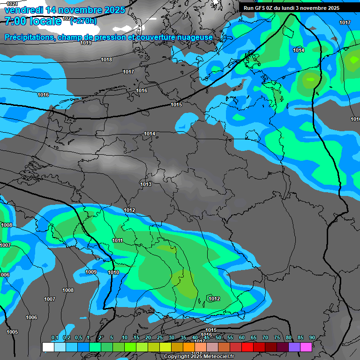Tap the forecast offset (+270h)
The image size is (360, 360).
click(83, 21)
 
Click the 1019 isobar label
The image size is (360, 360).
click(86, 43)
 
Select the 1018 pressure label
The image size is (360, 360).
click(106, 60)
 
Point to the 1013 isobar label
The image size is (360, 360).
click(146, 184)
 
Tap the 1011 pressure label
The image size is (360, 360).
click(118, 240)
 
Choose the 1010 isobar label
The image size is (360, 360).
click(113, 272)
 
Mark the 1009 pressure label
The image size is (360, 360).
click(91, 272)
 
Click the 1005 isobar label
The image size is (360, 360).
click(12, 332)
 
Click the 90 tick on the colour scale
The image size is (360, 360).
click(312, 337)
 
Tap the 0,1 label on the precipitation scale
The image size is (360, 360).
click(54, 337)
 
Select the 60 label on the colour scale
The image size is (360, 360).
click(242, 337)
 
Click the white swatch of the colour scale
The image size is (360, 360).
click(48, 347)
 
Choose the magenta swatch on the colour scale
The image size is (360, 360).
click(306, 347)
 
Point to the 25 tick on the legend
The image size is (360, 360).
click(160, 337)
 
